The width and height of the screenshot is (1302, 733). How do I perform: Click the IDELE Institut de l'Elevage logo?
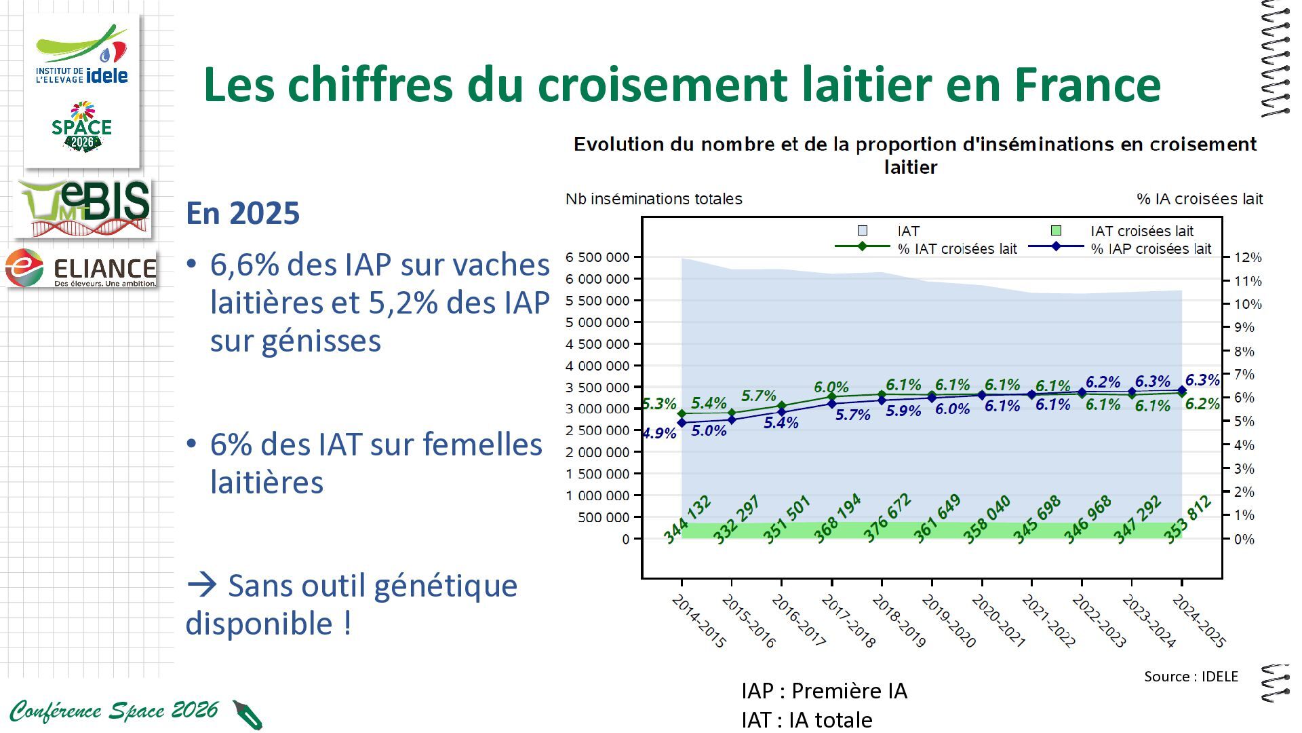pyautogui.click(x=81, y=55)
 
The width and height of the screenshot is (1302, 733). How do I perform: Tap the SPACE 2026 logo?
pyautogui.click(x=81, y=127)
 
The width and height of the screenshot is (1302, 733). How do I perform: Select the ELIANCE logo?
pyautogui.click(x=81, y=267)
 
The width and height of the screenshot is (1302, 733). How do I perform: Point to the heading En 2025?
pyautogui.click(x=243, y=213)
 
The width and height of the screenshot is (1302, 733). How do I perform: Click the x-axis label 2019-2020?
pyautogui.click(x=948, y=621)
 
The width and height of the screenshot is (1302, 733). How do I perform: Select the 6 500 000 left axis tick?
pyautogui.click(x=597, y=257)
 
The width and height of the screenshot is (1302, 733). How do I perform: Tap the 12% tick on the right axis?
pyautogui.click(x=1248, y=258)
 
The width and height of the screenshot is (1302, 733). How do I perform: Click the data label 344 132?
pyautogui.click(x=687, y=520)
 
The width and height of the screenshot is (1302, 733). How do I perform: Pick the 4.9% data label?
pyautogui.click(x=659, y=433)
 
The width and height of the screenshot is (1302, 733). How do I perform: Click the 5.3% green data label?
pyautogui.click(x=659, y=405)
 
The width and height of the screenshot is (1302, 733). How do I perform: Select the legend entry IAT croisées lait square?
pyautogui.click(x=1056, y=231)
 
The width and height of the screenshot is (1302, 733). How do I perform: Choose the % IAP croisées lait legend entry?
pyautogui.click(x=1120, y=248)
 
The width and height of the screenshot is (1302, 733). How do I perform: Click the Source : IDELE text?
pyautogui.click(x=1191, y=677)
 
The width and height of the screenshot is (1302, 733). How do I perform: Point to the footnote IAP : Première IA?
pyautogui.click(x=824, y=691)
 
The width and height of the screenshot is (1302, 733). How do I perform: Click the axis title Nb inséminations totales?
pyautogui.click(x=654, y=199)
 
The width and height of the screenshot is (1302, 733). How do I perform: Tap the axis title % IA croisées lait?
pyautogui.click(x=1200, y=199)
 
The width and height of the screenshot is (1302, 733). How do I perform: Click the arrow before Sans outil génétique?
pyautogui.click(x=202, y=585)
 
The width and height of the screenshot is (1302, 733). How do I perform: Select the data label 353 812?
pyautogui.click(x=1187, y=520)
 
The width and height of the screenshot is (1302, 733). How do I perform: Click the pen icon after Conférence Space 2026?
pyautogui.click(x=248, y=715)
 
